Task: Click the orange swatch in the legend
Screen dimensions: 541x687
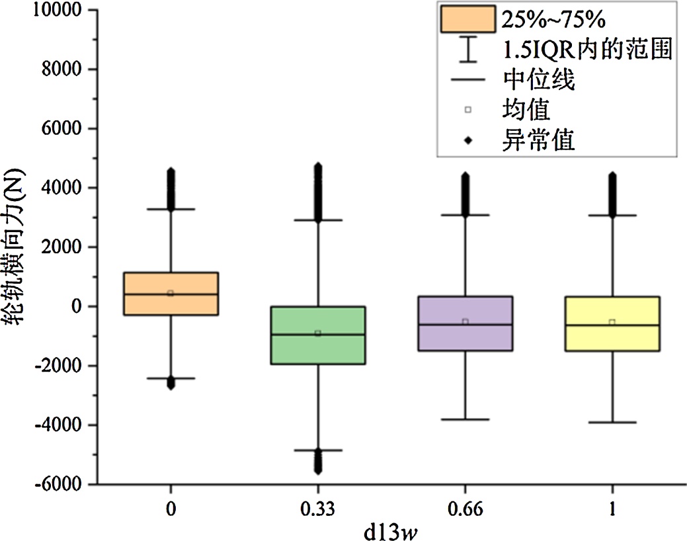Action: pyautogui.click(x=468, y=19)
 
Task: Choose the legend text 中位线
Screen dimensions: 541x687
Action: pyautogui.click(x=538, y=81)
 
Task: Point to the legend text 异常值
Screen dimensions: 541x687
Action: pyautogui.click(x=538, y=140)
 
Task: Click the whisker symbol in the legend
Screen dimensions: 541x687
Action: pyautogui.click(x=468, y=50)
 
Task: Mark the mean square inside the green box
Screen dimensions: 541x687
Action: pyautogui.click(x=318, y=333)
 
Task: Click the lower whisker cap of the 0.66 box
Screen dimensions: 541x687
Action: pyautogui.click(x=465, y=419)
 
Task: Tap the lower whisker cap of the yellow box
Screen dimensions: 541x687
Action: pyautogui.click(x=612, y=422)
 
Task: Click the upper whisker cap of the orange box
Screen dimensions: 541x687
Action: pyautogui.click(x=171, y=209)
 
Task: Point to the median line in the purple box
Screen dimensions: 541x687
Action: pyautogui.click(x=465, y=325)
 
